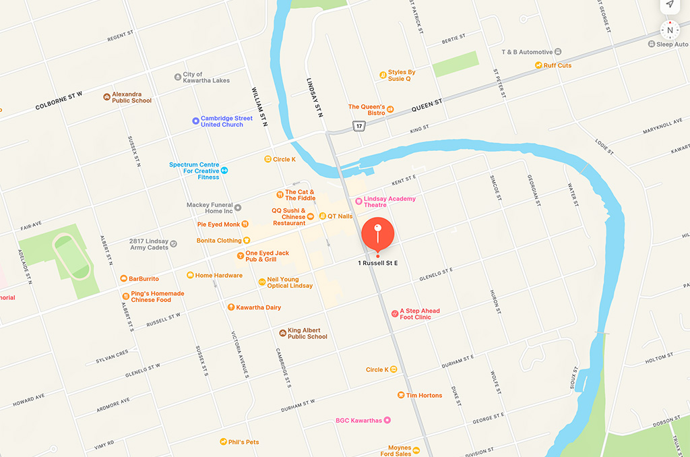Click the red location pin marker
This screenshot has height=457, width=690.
(377, 235)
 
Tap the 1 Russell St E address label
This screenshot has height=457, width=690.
(377, 263)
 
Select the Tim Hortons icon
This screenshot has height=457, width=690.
(400, 396)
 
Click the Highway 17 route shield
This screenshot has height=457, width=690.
(358, 127)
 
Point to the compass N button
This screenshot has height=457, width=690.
(670, 30)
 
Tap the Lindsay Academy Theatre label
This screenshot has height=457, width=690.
(389, 202)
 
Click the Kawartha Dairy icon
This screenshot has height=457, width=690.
(230, 307)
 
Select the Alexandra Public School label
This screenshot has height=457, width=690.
(131, 98)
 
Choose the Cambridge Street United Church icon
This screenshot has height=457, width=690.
(195, 121)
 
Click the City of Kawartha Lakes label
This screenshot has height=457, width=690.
(206, 78)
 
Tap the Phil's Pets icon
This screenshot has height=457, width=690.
(223, 442)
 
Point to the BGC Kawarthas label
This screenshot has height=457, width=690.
(358, 421)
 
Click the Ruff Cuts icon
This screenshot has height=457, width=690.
(538, 65)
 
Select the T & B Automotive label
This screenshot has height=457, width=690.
(527, 52)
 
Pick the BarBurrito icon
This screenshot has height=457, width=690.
(123, 278)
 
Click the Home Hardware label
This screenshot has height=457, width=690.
(218, 275)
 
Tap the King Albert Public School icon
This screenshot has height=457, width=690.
(282, 333)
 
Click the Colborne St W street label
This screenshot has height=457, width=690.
(59, 101)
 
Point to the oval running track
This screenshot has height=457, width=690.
(71, 255)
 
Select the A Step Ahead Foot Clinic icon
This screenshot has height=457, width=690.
(395, 314)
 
